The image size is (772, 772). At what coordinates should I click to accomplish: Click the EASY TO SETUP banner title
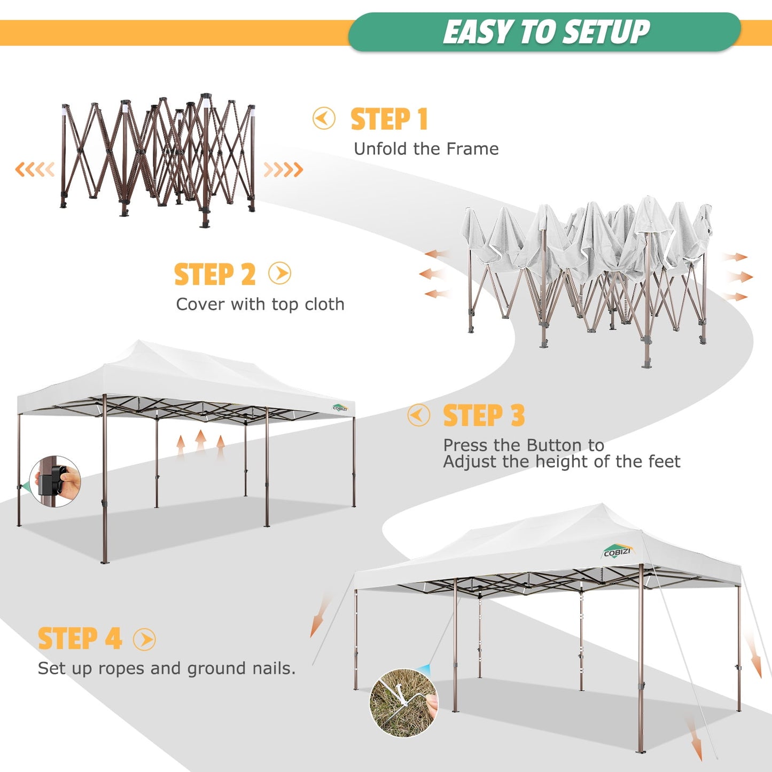point(546,32)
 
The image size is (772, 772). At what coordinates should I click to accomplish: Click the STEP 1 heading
point(389,119)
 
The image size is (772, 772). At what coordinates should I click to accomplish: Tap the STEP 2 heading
point(215,275)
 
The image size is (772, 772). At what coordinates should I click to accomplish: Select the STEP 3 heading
point(484,416)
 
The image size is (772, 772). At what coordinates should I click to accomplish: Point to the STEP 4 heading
point(80,638)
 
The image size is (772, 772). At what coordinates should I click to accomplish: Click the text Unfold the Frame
point(426,149)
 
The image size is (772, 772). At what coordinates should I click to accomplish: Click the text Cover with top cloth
point(260,305)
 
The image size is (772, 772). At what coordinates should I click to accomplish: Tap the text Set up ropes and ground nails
point(166,668)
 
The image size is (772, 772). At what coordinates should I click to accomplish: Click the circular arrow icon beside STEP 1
point(324,119)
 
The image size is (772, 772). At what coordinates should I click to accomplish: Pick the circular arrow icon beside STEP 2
point(280,274)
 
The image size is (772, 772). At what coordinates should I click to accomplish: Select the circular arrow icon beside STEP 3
point(418,415)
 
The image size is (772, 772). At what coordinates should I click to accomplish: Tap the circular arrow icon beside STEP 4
point(144,639)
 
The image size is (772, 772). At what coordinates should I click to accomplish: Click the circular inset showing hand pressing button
point(55,481)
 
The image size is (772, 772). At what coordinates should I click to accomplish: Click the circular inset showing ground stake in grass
point(403,703)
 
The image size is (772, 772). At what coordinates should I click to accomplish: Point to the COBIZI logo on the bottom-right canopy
point(617,552)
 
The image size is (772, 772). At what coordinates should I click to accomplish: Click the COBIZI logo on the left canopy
point(340,408)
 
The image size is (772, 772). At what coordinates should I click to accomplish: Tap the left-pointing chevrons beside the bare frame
point(35,170)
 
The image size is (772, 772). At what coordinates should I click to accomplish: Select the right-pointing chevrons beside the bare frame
point(283,170)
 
